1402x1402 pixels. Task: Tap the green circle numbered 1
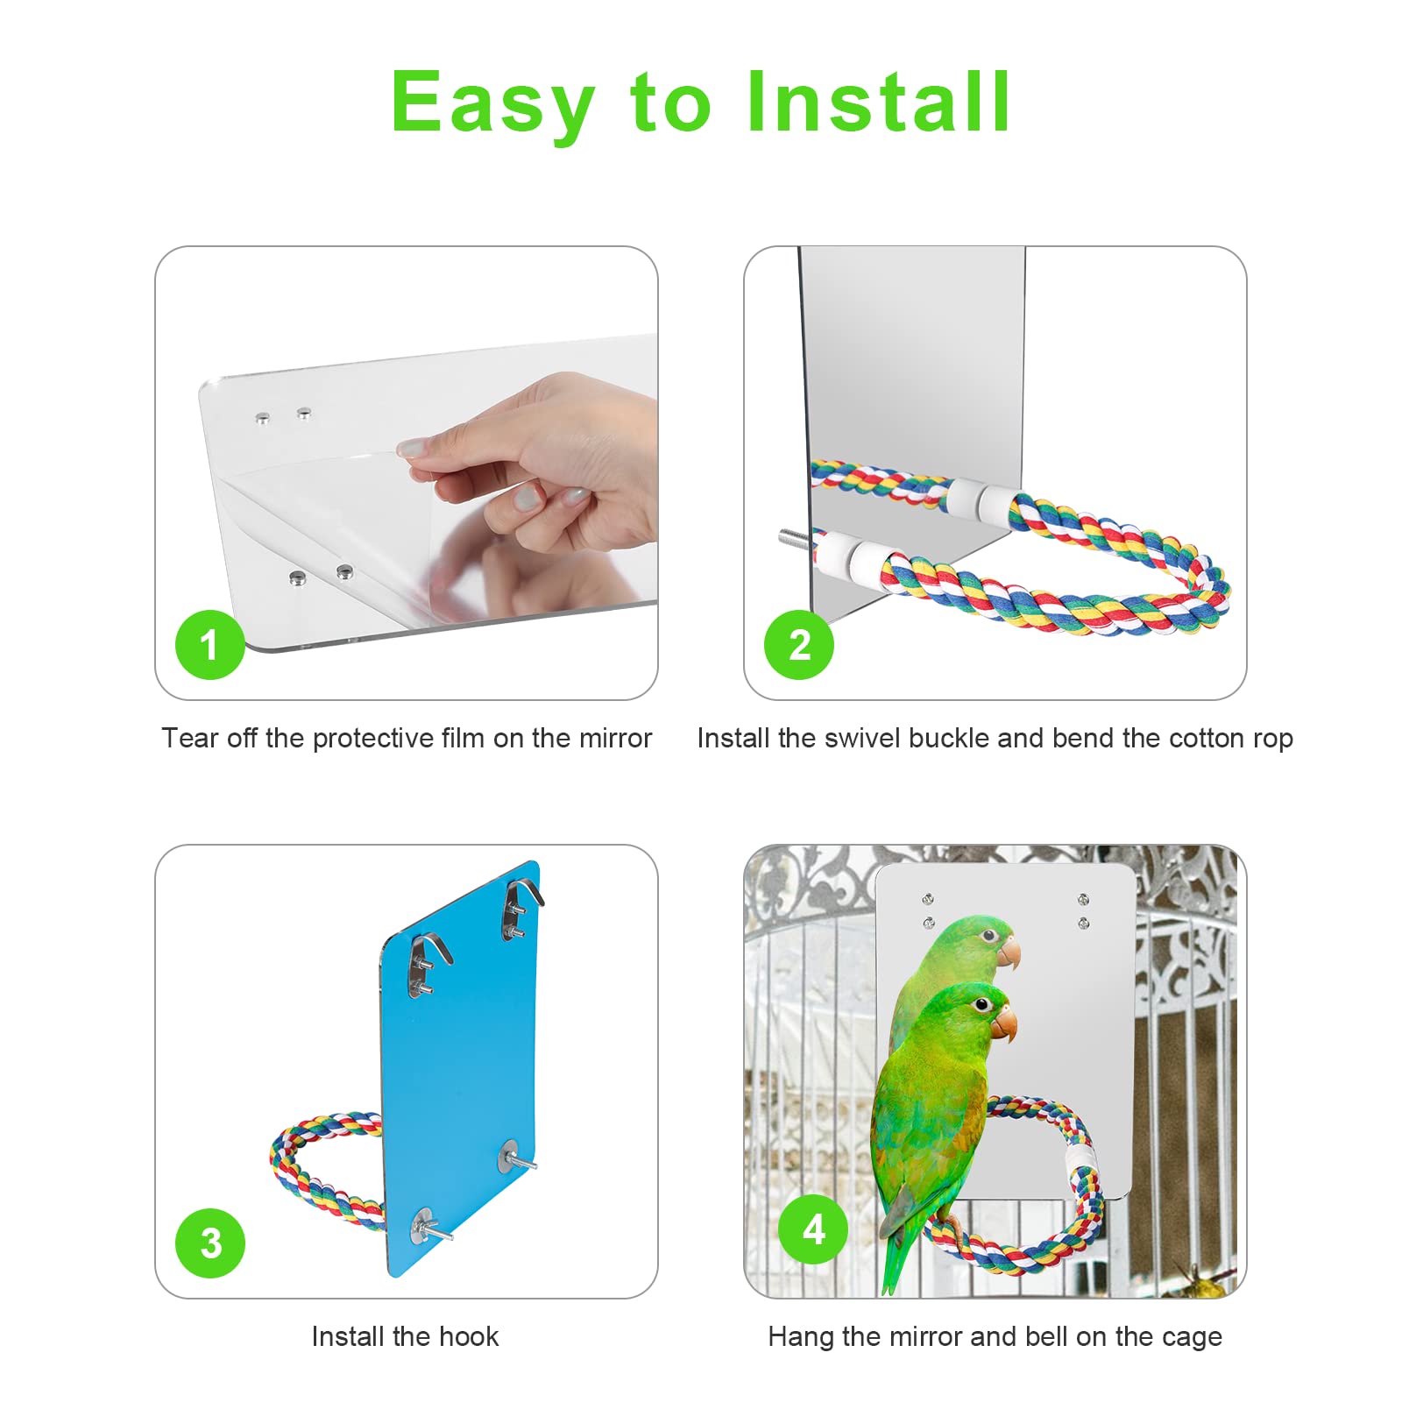point(209,645)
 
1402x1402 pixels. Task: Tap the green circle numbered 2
point(798,645)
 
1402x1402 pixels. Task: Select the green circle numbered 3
point(209,1243)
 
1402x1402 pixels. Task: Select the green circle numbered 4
point(813,1229)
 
